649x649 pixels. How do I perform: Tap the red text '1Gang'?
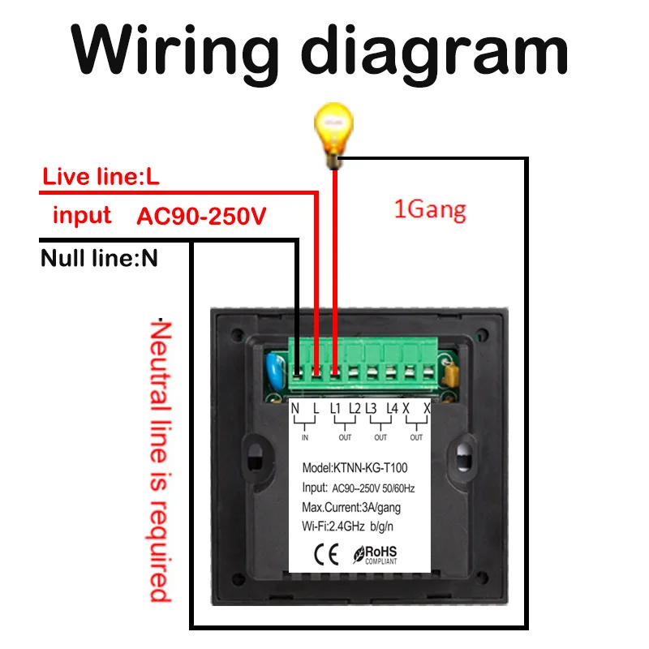(430, 210)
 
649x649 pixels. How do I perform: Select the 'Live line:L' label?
(101, 176)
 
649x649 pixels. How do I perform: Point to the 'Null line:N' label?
(99, 258)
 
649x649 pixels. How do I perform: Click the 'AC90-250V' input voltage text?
(201, 216)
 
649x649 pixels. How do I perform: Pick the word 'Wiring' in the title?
(174, 51)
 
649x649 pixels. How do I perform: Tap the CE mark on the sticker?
(327, 554)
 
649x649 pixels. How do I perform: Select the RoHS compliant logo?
(375, 555)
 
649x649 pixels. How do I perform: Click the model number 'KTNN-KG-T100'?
(371, 468)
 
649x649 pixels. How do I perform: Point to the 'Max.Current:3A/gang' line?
(351, 508)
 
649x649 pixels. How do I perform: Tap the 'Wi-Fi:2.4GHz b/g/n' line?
(348, 527)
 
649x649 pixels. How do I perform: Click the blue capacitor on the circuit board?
(275, 370)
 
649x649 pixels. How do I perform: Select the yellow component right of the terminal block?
(450, 374)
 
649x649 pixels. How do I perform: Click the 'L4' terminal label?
(392, 409)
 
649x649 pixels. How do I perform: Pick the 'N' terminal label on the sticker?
(294, 409)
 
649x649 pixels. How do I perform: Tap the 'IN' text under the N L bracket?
(305, 437)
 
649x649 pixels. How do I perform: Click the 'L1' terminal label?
(335, 409)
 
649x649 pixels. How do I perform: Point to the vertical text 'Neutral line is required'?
(160, 460)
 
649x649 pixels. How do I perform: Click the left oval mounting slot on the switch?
(256, 458)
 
